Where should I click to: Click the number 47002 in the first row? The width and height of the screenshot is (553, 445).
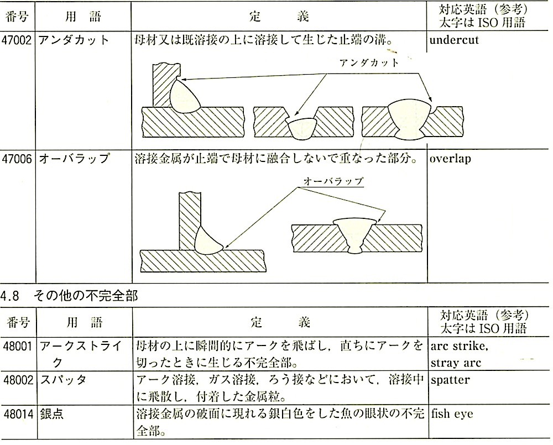[18, 40]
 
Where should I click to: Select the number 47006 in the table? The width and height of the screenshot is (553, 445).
[18, 159]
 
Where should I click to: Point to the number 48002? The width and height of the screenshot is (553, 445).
[18, 380]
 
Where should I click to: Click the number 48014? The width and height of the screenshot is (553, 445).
[18, 413]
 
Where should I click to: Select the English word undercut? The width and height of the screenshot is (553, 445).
[455, 40]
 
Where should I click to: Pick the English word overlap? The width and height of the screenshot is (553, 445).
[450, 159]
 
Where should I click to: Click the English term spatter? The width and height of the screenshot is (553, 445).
[450, 380]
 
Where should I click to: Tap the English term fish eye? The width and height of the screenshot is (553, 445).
[452, 413]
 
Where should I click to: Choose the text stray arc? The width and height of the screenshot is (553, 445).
[456, 363]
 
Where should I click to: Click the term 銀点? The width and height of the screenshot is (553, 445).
[51, 413]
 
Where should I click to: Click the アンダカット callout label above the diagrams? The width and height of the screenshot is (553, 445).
[369, 62]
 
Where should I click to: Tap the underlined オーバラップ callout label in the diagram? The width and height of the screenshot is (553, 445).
[333, 181]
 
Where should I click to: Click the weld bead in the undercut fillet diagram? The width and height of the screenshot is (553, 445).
[185, 97]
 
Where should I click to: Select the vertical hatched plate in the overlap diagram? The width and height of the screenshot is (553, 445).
[190, 218]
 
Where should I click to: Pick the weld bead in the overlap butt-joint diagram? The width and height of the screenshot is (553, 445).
[353, 232]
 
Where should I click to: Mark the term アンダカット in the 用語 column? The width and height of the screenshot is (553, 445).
[74, 40]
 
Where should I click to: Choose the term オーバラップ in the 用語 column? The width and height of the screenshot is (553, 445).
[74, 159]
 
